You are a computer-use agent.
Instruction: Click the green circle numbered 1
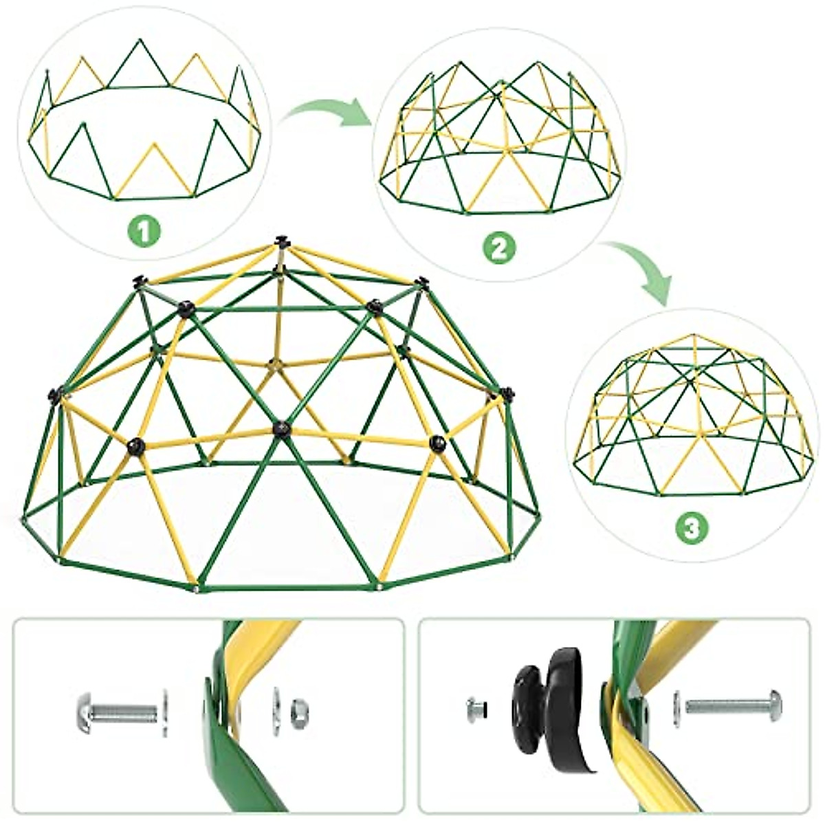pos(144,232)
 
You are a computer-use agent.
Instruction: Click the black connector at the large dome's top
pos(280,242)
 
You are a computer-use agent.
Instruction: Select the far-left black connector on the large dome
pos(54,395)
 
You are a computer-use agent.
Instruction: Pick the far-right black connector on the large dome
pos(507,394)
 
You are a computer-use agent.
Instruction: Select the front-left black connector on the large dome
pos(136,445)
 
